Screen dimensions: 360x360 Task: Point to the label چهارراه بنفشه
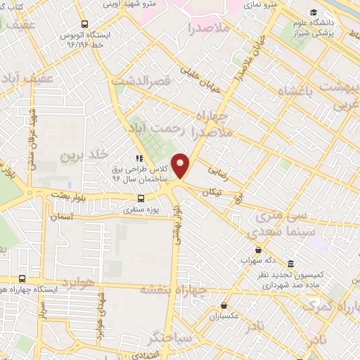(173, 289)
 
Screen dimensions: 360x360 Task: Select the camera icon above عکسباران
(224, 306)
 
